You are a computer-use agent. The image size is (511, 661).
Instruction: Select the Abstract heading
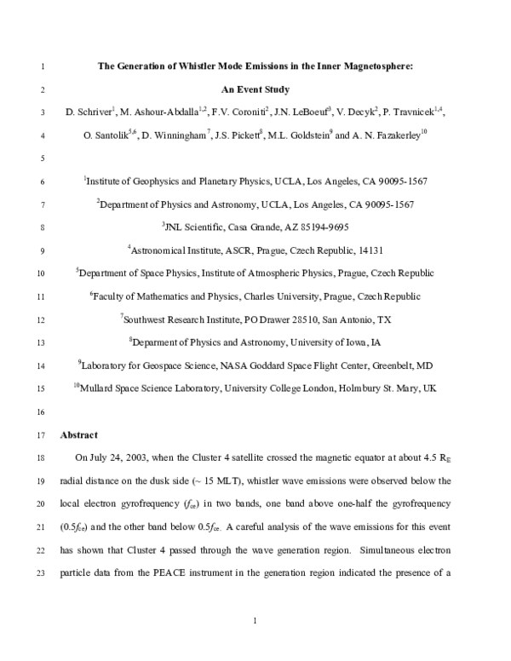pyautogui.click(x=79, y=434)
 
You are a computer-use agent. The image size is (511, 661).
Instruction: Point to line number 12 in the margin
pyautogui.click(x=43, y=319)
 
